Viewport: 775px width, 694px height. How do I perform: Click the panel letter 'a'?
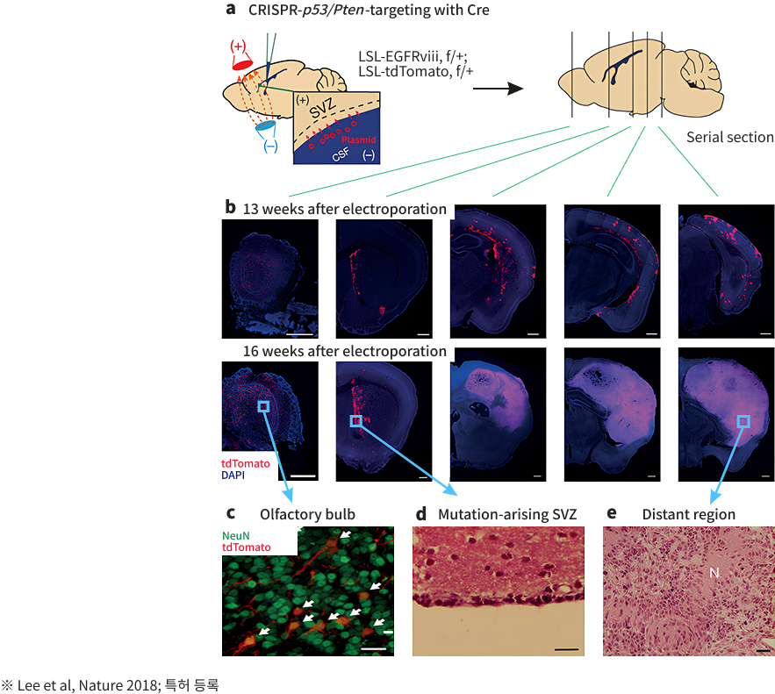(231, 11)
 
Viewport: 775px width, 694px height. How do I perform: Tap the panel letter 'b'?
(230, 208)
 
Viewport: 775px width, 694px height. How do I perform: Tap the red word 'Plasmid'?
(359, 139)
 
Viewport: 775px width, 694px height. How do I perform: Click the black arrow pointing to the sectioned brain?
(504, 89)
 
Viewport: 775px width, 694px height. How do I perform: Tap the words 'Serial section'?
(729, 137)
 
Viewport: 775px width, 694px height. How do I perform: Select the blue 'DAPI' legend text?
(233, 475)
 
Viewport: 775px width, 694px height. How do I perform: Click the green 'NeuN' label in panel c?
(236, 533)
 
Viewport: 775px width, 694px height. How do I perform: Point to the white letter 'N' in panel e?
(714, 572)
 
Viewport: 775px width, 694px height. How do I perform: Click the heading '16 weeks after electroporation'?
(345, 351)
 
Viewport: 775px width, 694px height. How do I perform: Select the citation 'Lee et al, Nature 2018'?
(75, 683)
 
